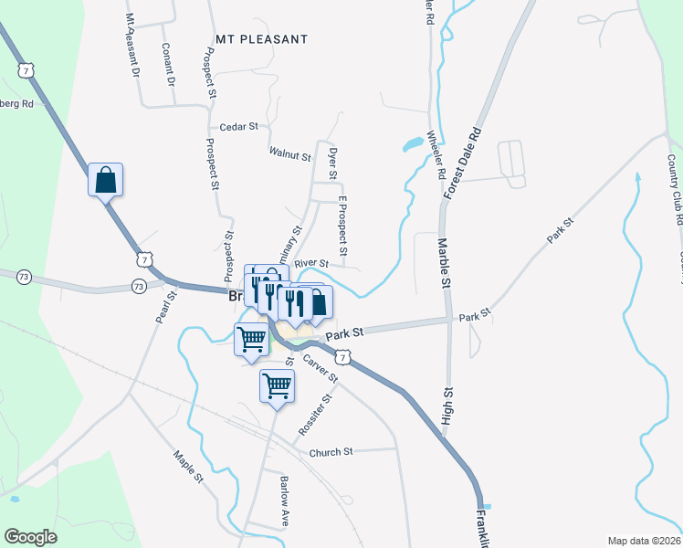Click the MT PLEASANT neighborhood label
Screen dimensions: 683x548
coord(262,39)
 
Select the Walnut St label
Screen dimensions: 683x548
coord(290,153)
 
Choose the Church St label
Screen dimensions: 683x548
coord(331,452)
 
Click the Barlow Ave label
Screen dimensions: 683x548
coord(285,501)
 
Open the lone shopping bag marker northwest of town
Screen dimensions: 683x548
coord(105,179)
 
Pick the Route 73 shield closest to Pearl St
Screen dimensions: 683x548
coord(139,287)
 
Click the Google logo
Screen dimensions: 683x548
coord(30,537)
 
